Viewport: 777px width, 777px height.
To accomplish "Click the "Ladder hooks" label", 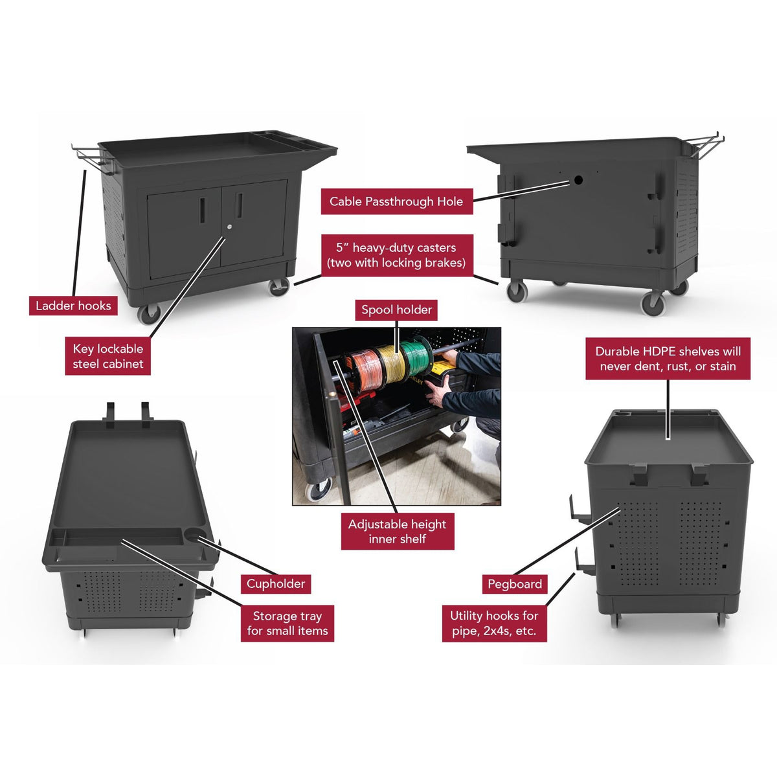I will pos(73,306).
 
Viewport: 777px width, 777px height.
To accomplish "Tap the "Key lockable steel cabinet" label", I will pos(108,356).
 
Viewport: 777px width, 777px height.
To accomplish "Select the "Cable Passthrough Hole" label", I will pos(396,201).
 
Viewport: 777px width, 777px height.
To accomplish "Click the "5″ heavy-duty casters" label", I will pos(396,255).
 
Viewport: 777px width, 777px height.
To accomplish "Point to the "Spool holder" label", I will pos(396,310).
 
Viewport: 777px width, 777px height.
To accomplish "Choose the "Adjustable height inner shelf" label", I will pos(397,532).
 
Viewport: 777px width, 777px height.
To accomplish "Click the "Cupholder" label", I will pos(275,583).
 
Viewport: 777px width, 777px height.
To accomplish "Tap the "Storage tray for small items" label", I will pos(287,623).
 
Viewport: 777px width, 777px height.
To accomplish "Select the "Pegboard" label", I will pos(515,584).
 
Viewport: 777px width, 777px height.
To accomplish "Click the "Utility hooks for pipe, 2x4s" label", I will pos(494,623).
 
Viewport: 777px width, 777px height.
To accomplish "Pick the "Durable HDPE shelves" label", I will pos(668,359).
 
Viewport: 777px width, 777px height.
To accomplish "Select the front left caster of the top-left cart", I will pos(148,314).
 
